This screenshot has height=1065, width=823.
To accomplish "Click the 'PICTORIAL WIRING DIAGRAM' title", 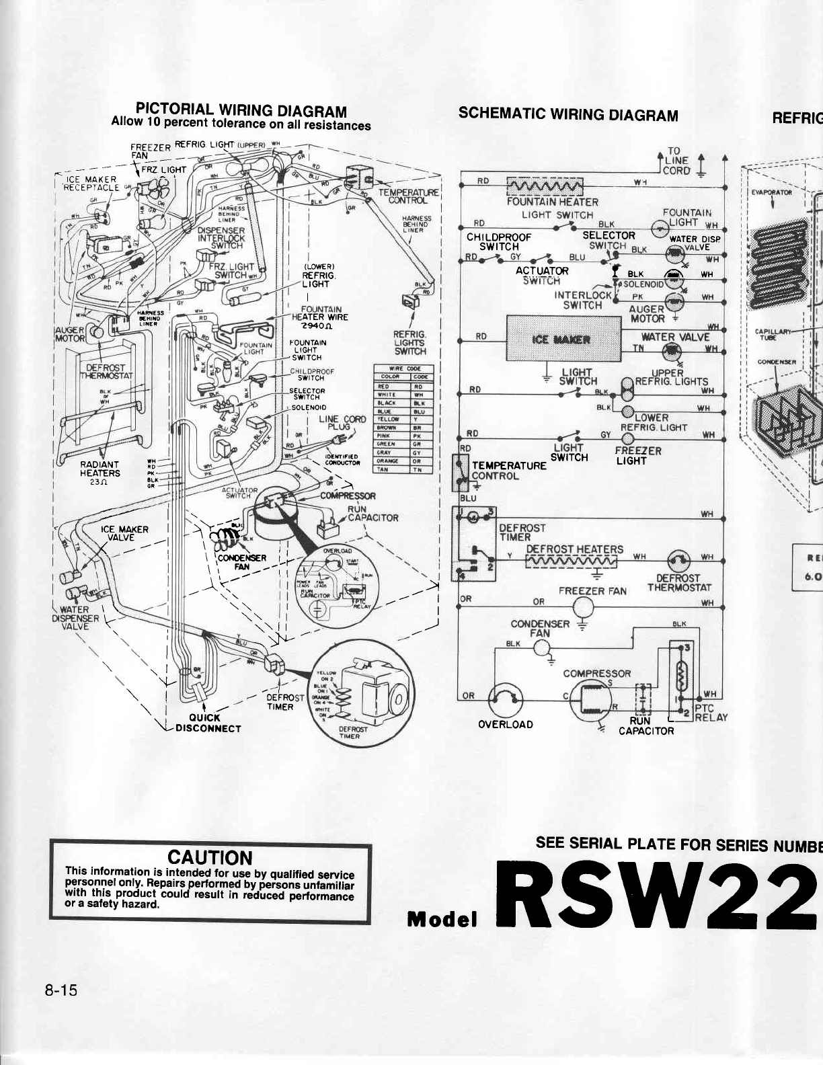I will pyautogui.click(x=241, y=111).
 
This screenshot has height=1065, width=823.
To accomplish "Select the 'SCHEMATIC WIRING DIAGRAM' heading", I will pyautogui.click(x=567, y=114).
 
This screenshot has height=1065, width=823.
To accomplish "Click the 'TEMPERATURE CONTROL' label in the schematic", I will pyautogui.click(x=508, y=471).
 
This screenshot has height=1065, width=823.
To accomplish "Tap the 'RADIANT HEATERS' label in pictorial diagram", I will pyautogui.click(x=100, y=469).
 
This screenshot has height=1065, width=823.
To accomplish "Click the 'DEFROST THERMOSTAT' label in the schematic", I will pyautogui.click(x=678, y=583).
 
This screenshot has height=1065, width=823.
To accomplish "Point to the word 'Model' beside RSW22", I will pyautogui.click(x=442, y=919).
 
